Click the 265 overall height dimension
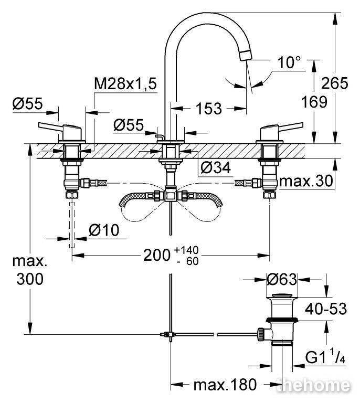pyautogui.click(x=335, y=83)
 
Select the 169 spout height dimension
pyautogui.click(x=314, y=102)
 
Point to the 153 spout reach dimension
pyautogui.click(x=209, y=109)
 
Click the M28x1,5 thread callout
pyautogui.click(x=125, y=83)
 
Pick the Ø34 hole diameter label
pyautogui.click(x=216, y=168)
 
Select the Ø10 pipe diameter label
pyautogui.click(x=104, y=230)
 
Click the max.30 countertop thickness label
pyautogui.click(x=306, y=181)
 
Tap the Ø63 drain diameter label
pyautogui.click(x=282, y=279)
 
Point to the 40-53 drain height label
pyautogui.click(x=326, y=309)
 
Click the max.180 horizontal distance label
pyautogui.click(x=225, y=385)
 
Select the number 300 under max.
pyautogui.click(x=30, y=279)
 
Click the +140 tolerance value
pyautogui.click(x=186, y=250)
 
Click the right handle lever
pyautogui.click(x=290, y=126)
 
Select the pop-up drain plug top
pyautogui.click(x=282, y=294)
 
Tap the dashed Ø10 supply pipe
pyautogui.click(x=72, y=225)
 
